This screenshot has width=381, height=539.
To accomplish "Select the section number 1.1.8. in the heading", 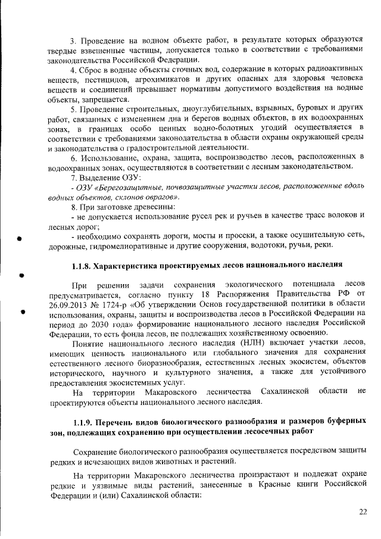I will click(x=82, y=263).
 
